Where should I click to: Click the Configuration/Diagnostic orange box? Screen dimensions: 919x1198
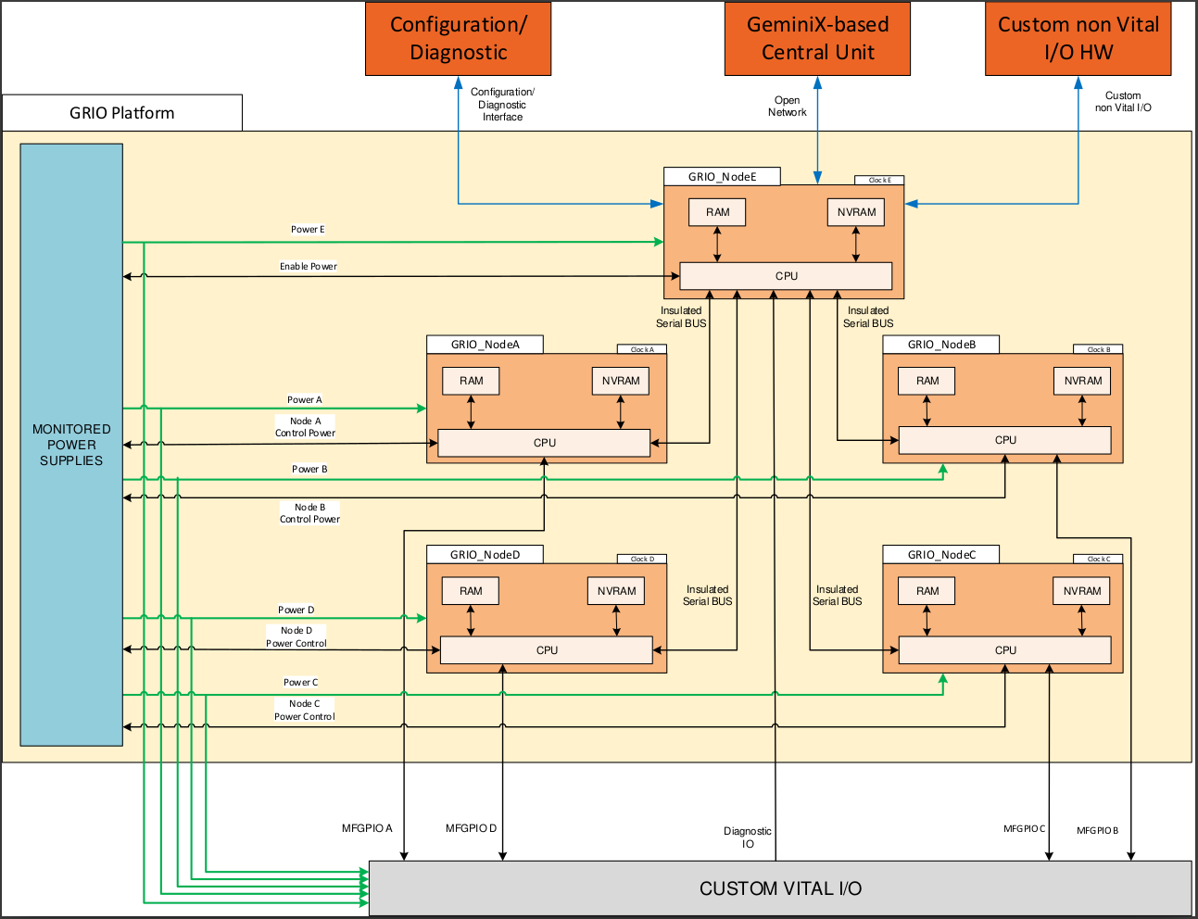[x=458, y=39]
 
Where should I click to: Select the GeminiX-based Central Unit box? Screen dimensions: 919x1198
[x=817, y=39]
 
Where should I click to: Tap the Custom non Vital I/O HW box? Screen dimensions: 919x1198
[x=1078, y=39]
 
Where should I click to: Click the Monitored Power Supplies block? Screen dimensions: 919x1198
[x=71, y=445]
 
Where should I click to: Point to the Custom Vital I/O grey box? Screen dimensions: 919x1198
[x=780, y=888]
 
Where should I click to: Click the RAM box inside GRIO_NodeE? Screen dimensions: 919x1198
[x=717, y=212]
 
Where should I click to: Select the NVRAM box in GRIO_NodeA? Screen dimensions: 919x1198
[x=621, y=381]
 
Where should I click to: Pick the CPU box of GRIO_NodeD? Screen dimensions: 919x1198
[x=547, y=650]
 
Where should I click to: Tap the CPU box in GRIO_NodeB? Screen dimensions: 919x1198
[x=1005, y=440]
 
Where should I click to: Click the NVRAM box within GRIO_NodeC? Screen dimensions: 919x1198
[x=1082, y=591]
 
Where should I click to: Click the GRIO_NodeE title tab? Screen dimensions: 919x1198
[x=722, y=177]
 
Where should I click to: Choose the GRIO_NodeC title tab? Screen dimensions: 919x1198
[x=941, y=555]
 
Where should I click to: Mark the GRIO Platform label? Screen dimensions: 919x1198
[x=122, y=113]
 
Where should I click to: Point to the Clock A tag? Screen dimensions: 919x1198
[x=642, y=349]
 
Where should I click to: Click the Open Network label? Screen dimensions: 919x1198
[x=788, y=107]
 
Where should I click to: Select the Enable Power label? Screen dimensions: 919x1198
[x=309, y=267]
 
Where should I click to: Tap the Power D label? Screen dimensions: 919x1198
[x=296, y=610]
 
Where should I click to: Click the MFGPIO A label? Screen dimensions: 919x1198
[x=367, y=828]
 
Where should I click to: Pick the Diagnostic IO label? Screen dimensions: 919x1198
[x=748, y=837]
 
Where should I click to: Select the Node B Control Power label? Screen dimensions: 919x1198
[x=309, y=513]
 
